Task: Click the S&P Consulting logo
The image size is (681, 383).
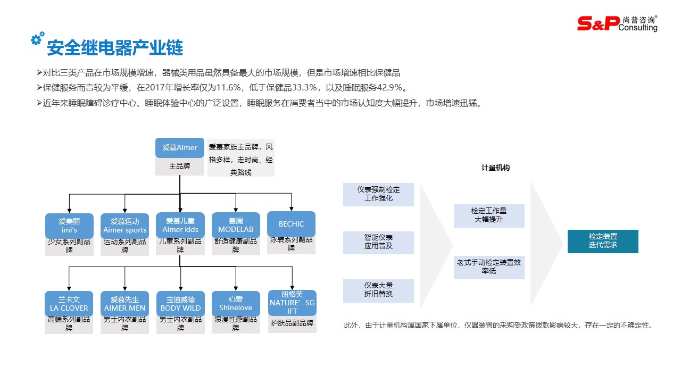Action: tap(617, 23)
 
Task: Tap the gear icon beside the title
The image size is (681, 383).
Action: tap(37, 39)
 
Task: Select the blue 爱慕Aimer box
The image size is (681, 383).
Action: tap(180, 148)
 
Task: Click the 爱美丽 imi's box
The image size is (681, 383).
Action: tap(69, 226)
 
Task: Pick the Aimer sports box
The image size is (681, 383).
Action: tap(124, 226)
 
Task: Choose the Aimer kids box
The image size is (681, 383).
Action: tap(180, 225)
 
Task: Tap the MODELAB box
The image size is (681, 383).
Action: tap(236, 225)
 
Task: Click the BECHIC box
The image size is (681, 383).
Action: tap(291, 224)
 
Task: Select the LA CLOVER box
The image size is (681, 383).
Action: tap(69, 303)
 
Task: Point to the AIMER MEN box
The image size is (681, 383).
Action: tap(124, 303)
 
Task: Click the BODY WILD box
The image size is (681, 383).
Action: tap(180, 303)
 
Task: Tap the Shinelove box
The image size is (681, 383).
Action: tap(236, 303)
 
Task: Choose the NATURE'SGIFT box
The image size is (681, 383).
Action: tap(292, 303)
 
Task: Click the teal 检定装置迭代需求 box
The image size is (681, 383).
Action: tap(603, 241)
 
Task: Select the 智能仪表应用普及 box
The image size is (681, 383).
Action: tap(378, 242)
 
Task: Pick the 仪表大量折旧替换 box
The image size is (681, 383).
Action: tap(378, 290)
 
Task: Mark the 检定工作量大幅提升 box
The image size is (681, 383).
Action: tap(489, 215)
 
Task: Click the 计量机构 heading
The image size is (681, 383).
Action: tap(495, 168)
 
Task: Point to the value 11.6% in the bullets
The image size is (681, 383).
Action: tap(229, 88)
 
